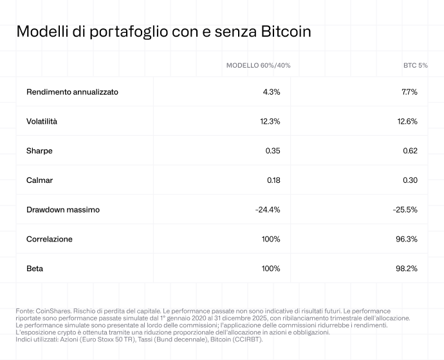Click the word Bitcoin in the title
(286, 32)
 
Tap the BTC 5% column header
(415, 66)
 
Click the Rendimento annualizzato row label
(72, 92)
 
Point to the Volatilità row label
(42, 121)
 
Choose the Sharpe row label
(39, 151)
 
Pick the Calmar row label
(39, 180)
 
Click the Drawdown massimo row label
(63, 210)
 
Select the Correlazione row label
(50, 239)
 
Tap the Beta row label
(35, 269)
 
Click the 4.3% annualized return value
(272, 92)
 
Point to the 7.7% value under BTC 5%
(409, 92)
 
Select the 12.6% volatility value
(407, 121)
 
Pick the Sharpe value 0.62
(410, 151)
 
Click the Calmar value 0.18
(273, 180)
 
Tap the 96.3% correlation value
(407, 239)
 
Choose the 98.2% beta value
(407, 269)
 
